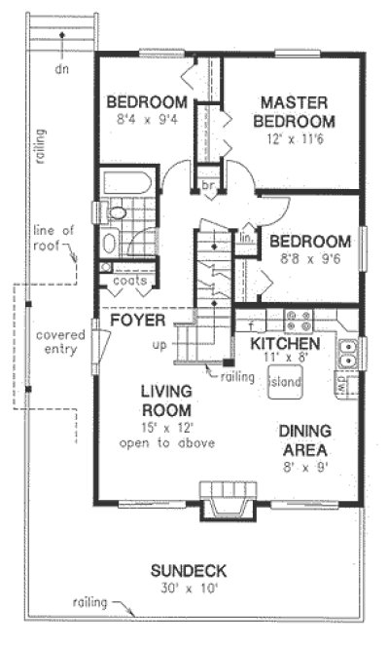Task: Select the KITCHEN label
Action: [x=285, y=346]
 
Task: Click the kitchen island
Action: [x=285, y=381]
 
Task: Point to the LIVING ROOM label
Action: [x=165, y=400]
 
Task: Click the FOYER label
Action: [x=134, y=320]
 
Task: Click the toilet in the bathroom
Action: [x=118, y=212]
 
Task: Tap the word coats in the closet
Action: [x=130, y=281]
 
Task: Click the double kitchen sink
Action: [x=350, y=353]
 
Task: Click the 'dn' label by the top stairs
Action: [x=61, y=70]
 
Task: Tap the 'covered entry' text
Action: [x=59, y=343]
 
